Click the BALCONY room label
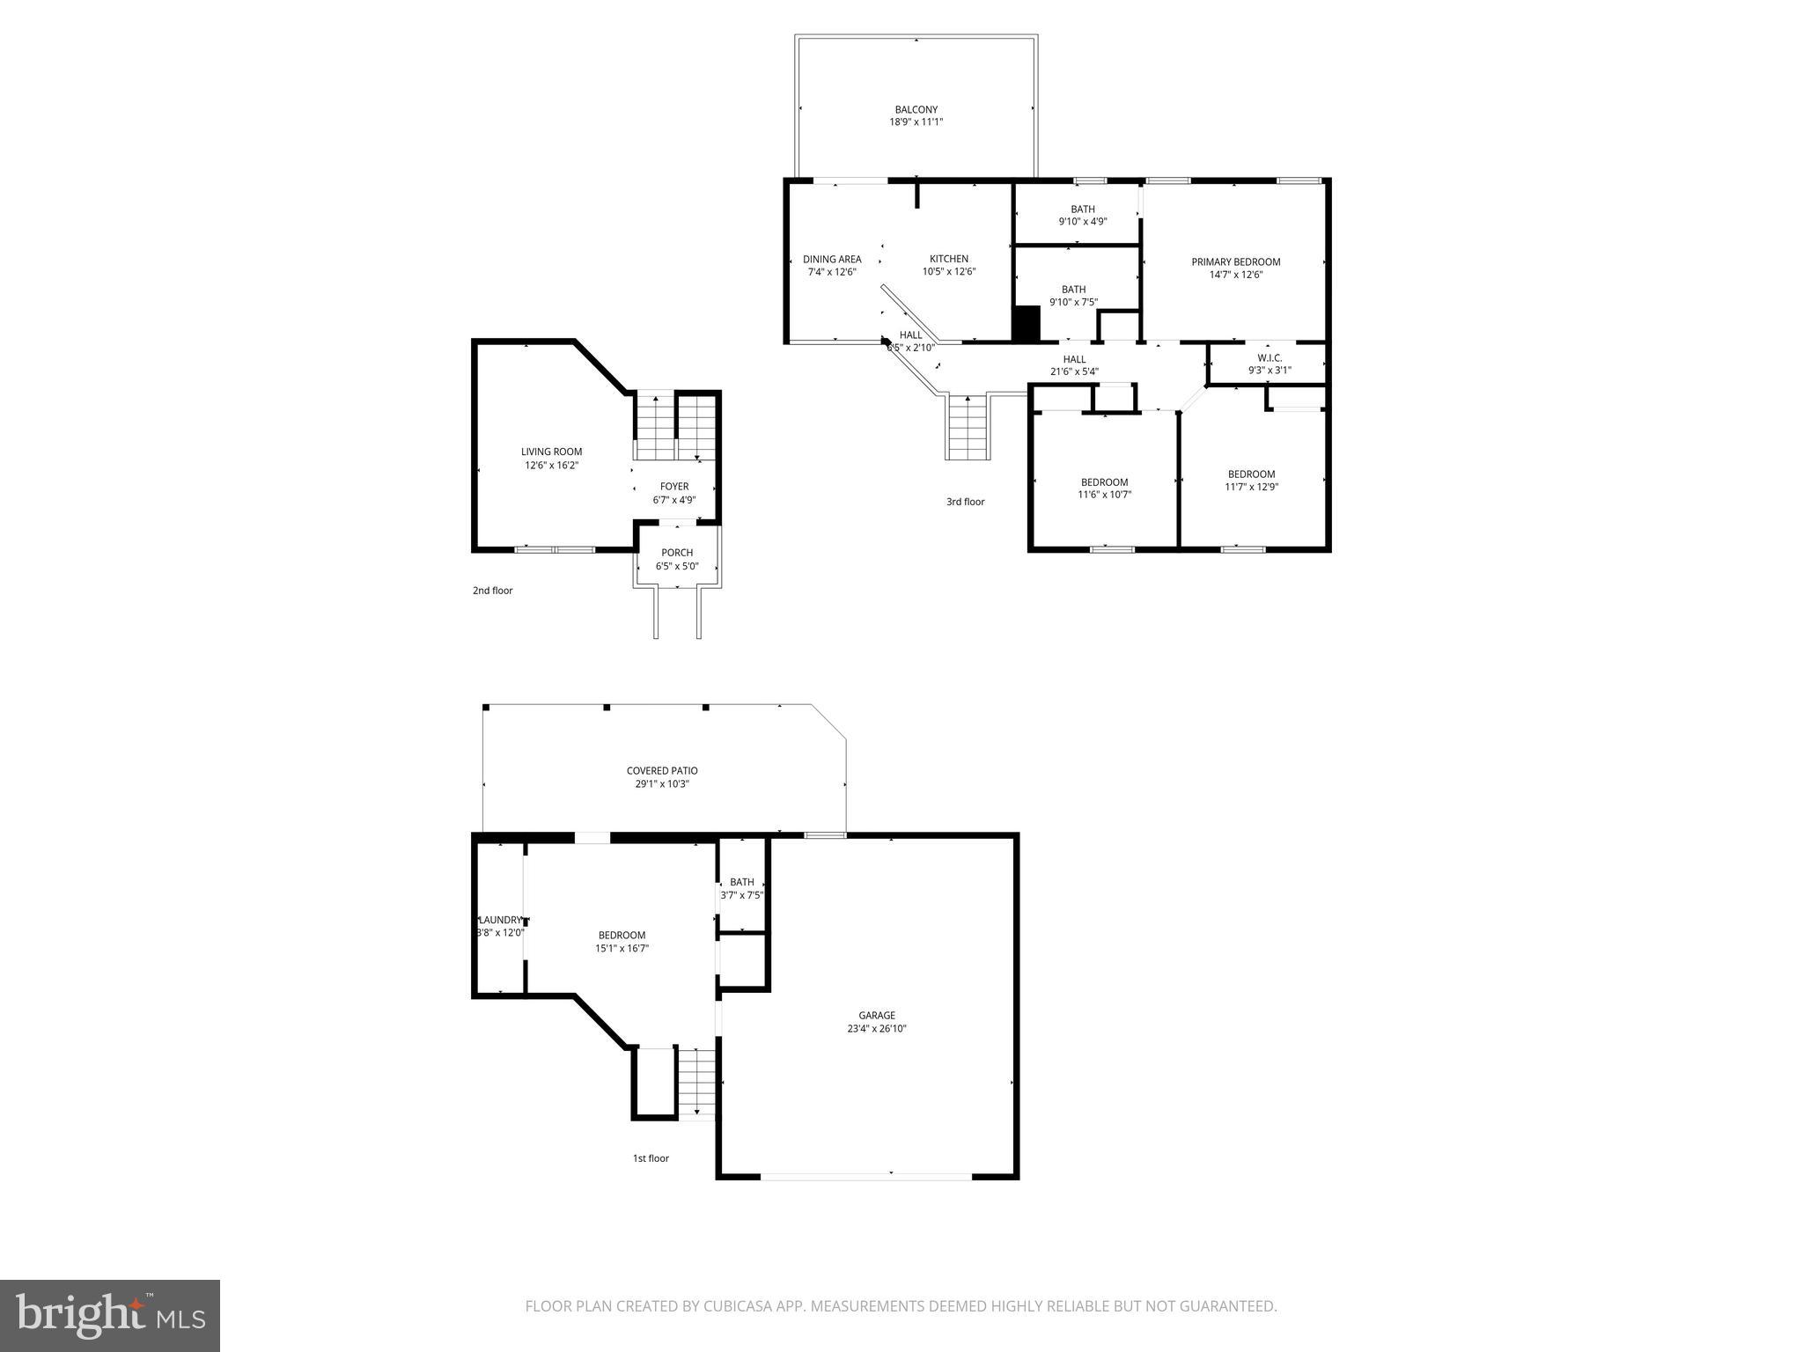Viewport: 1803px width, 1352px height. pyautogui.click(x=916, y=110)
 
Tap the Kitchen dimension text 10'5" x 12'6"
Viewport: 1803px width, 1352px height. pyautogui.click(x=949, y=272)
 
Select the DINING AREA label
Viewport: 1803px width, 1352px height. pyautogui.click(x=832, y=259)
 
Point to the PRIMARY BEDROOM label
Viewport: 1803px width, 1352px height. pyautogui.click(x=1235, y=261)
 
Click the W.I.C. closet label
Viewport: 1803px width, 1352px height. pyautogui.click(x=1269, y=357)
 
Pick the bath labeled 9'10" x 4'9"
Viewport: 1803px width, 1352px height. pyautogui.click(x=1082, y=215)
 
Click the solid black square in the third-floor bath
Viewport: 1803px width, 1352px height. pyautogui.click(x=1027, y=323)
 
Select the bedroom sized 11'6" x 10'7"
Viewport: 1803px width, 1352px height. pyautogui.click(x=1104, y=489)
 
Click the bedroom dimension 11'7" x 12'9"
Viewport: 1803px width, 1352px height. pyautogui.click(x=1251, y=487)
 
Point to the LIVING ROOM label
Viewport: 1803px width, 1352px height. pyautogui.click(x=551, y=452)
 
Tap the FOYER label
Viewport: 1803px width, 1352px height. pyautogui.click(x=674, y=487)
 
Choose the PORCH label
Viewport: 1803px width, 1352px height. pyautogui.click(x=677, y=553)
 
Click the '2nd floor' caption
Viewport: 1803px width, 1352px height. pyautogui.click(x=492, y=591)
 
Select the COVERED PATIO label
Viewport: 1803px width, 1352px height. pyautogui.click(x=662, y=770)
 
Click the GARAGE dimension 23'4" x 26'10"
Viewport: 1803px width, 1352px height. pyautogui.click(x=877, y=1028)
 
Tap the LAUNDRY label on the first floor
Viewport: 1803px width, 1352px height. pyautogui.click(x=501, y=920)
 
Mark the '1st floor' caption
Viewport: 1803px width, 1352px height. pyautogui.click(x=651, y=1158)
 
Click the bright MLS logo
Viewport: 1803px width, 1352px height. pyautogui.click(x=110, y=1315)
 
